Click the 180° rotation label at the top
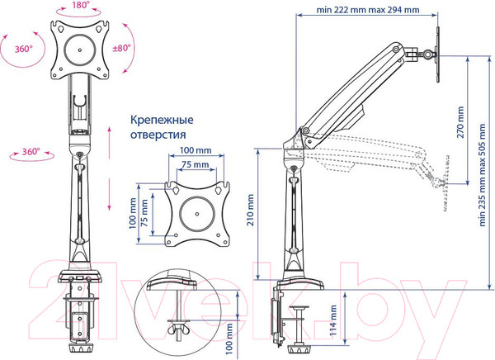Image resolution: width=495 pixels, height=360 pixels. click(x=81, y=5)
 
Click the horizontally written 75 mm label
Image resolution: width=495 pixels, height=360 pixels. click(x=196, y=163)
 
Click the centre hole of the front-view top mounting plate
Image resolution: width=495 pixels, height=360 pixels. click(x=81, y=50)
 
